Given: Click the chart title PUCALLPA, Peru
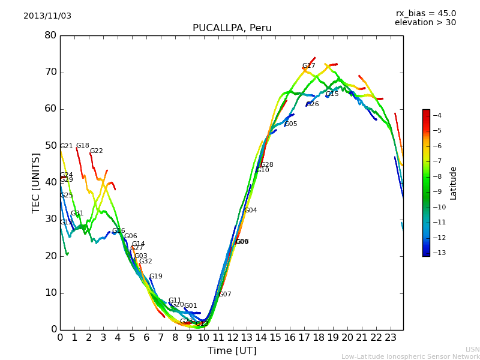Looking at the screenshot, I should point(232,28).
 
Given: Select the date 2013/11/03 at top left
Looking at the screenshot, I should point(47,16).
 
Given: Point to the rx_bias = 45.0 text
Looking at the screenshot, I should point(425,14).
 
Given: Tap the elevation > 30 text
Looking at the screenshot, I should point(425,23).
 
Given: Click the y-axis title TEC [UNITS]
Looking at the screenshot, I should point(36,182).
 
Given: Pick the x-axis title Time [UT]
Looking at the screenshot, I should point(232,351).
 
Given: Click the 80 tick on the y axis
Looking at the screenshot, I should point(50,35).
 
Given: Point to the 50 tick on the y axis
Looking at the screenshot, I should point(50,146).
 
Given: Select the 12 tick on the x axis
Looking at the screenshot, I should point(232,337).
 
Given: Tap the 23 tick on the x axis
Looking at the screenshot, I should point(391,337).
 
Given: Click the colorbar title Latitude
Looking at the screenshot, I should point(454,182).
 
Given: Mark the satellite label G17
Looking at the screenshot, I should point(308,66).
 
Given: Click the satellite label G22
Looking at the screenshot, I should point(97,151).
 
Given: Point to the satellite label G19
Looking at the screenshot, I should point(156,277).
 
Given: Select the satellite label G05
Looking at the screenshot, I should point(291,124).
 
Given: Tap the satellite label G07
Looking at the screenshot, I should point(225,295).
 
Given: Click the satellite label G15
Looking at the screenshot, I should point(332,94).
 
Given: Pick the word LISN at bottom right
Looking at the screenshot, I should point(472,350).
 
